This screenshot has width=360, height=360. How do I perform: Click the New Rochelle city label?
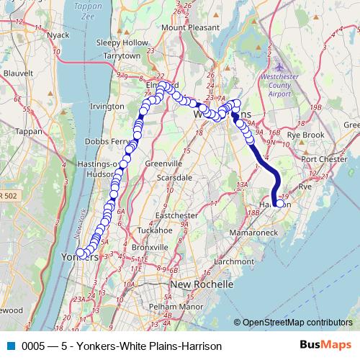pyautogui.click(x=202, y=284)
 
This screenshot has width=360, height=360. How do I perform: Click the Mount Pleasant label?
pyautogui.click(x=188, y=27)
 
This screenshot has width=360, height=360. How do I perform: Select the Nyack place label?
pyautogui.click(x=57, y=35)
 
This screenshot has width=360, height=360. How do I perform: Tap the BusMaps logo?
pyautogui.click(x=325, y=345)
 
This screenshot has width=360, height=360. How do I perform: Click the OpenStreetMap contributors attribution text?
pyautogui.click(x=297, y=323)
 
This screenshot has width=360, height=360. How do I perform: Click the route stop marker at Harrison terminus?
pyautogui.click(x=279, y=204)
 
